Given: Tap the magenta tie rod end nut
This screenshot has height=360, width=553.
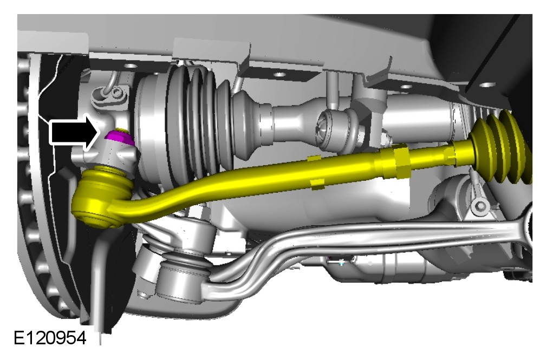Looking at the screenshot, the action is (119, 138).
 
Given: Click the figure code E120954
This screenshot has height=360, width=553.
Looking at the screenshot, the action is (50, 338).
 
